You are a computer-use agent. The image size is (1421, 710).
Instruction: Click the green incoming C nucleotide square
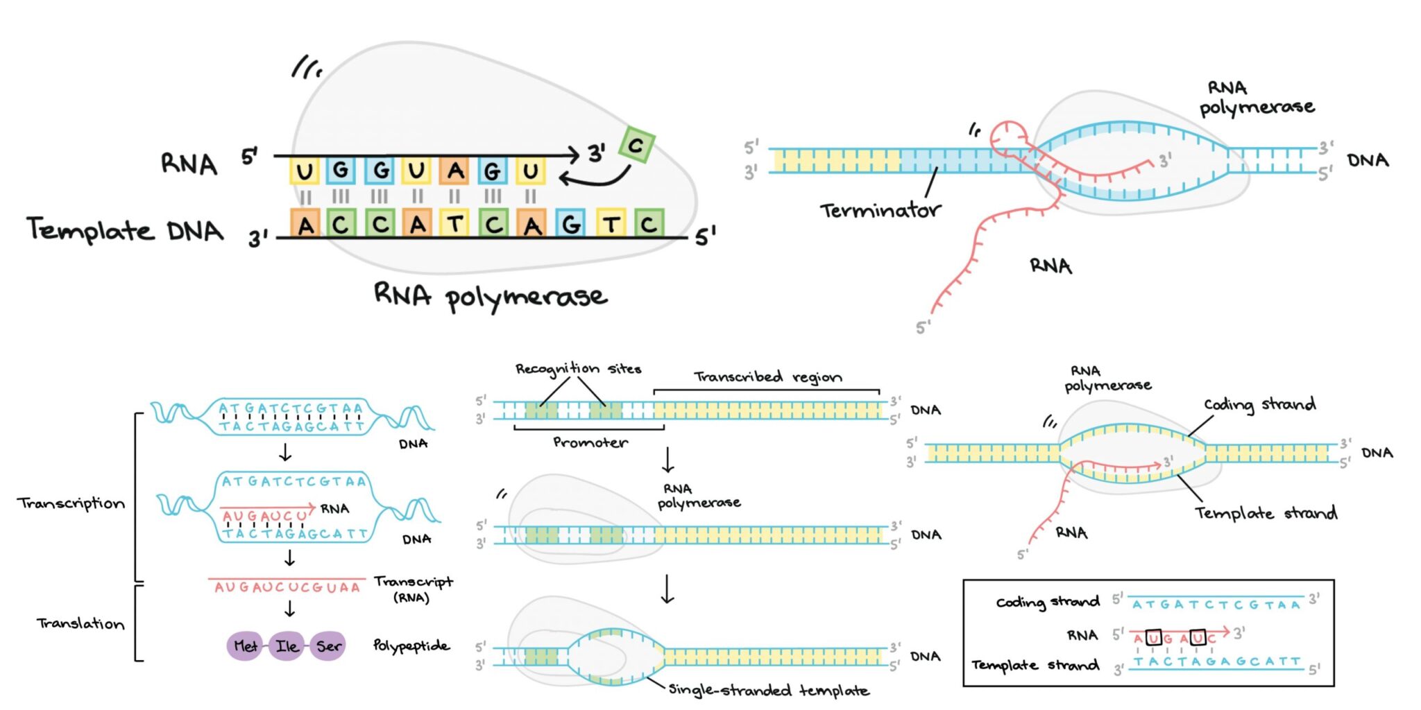tap(636, 145)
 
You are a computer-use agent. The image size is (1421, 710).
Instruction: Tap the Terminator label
tap(880, 210)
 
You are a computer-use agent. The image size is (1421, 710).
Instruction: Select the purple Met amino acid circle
tap(245, 646)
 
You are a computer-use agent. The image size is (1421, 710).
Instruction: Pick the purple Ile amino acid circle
tap(287, 646)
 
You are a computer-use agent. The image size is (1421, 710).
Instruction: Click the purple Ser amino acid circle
tap(328, 646)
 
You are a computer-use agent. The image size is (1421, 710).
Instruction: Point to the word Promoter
tap(590, 442)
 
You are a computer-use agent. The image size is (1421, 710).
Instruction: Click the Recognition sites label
tap(577, 369)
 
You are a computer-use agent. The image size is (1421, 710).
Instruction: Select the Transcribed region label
tap(767, 377)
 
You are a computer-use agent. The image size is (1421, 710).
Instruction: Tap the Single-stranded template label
tap(768, 691)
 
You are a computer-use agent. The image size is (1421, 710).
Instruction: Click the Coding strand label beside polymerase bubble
tap(1259, 404)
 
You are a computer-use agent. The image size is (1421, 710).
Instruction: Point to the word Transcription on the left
tap(71, 503)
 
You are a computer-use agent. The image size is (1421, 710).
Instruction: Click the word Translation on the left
tap(80, 623)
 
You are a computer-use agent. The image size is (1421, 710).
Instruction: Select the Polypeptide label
tap(411, 646)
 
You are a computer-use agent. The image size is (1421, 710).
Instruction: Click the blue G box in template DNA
tap(570, 223)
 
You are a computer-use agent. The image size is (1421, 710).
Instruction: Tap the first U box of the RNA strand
tap(304, 171)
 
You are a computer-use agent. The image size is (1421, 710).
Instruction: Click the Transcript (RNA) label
tap(413, 589)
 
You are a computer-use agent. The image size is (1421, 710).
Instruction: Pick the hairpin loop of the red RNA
tap(1008, 137)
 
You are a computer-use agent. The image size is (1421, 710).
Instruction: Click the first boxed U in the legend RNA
tap(1153, 637)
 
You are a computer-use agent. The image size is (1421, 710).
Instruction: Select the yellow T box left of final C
tap(611, 223)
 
